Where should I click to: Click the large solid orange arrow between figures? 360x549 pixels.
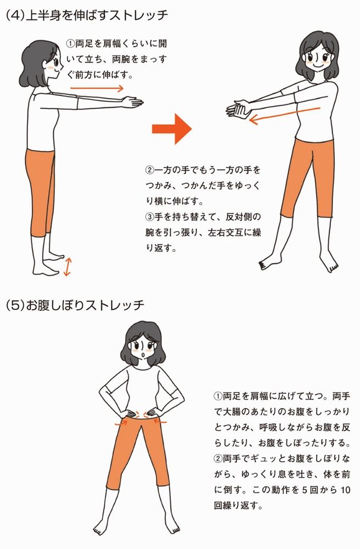coord(172,129)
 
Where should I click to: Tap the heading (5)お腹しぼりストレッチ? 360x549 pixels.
coord(75,305)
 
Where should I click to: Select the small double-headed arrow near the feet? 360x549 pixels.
coord(67,267)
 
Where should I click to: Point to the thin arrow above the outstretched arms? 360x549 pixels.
coord(97,88)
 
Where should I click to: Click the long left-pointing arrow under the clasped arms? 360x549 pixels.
coord(285,116)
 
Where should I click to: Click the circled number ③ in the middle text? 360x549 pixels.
coord(149,217)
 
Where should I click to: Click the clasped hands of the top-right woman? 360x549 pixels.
coord(238,109)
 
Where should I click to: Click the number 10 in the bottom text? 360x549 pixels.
coord(345,490)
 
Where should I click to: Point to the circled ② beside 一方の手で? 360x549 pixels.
coord(149,171)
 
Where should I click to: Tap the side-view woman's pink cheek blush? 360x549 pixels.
coord(51,68)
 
